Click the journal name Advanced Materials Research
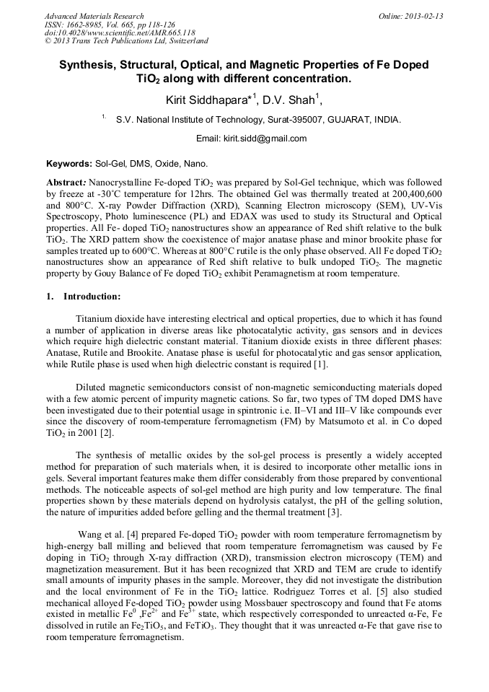94,16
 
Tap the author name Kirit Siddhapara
205,99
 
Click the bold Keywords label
69,164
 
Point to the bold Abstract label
67,183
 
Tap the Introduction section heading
92,297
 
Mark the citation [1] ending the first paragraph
312,364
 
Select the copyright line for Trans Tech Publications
126,42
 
